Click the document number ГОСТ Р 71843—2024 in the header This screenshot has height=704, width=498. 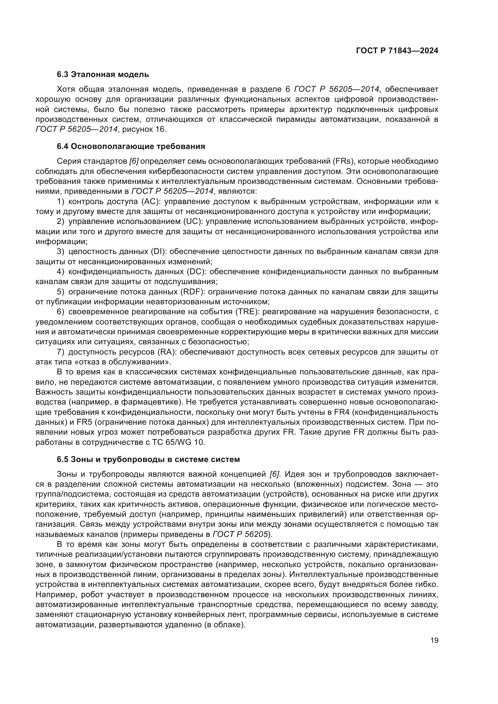point(397,51)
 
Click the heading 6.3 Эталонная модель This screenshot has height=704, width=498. point(103,75)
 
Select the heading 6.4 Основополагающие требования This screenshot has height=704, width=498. point(131,147)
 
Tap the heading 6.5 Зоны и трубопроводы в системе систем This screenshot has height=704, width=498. point(148,460)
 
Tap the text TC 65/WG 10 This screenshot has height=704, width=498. point(178,442)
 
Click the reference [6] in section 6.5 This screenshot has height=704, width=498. point(275,474)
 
